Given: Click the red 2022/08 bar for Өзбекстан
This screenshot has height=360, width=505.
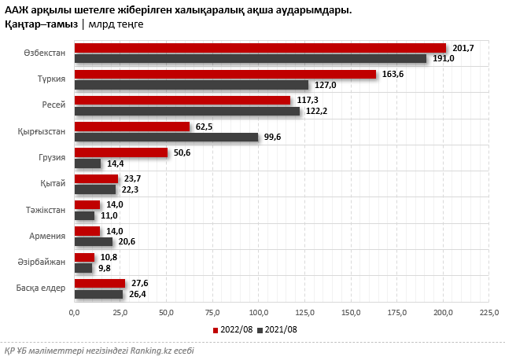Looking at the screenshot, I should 260,48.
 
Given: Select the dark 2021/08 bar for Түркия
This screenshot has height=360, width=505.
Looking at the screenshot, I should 191,85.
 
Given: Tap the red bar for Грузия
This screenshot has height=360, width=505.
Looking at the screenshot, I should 120,152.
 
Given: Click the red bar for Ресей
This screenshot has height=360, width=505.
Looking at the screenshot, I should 182,101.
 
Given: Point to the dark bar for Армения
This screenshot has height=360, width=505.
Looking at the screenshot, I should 93,242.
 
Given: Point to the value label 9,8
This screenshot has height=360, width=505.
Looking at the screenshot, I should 103,268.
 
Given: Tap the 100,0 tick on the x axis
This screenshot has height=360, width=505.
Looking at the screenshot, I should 259,313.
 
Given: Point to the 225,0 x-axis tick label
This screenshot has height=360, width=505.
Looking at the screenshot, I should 489,313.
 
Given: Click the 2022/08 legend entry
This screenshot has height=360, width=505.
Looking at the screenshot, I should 233,330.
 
